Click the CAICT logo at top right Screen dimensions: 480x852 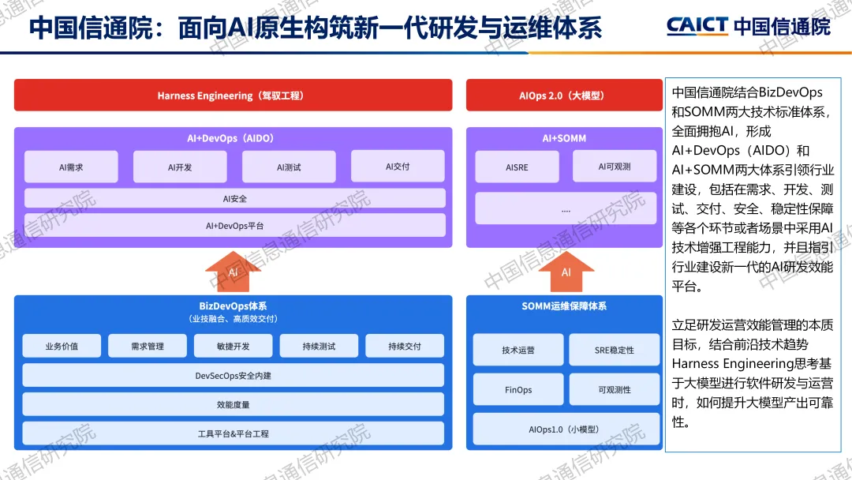pos(748,26)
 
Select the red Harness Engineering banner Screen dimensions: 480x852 pos(233,96)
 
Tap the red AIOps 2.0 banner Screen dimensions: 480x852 pos(563,96)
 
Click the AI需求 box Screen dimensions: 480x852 pos(71,167)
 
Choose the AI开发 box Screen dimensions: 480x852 pos(180,167)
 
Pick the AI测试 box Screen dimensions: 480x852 pos(289,167)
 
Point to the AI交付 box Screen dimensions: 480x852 pos(398,167)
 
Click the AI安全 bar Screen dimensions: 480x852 pos(234,199)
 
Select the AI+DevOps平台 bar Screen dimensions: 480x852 pos(234,226)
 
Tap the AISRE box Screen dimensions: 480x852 pos(517,167)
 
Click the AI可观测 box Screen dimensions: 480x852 pos(614,167)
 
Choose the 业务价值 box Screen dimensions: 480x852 pos(62,346)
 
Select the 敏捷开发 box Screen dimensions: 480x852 pos(233,346)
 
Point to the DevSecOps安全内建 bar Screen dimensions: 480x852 pos(233,376)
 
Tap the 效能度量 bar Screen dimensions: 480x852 pos(233,405)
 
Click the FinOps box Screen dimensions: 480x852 pos(518,390)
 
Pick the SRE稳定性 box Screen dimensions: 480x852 pos(614,350)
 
